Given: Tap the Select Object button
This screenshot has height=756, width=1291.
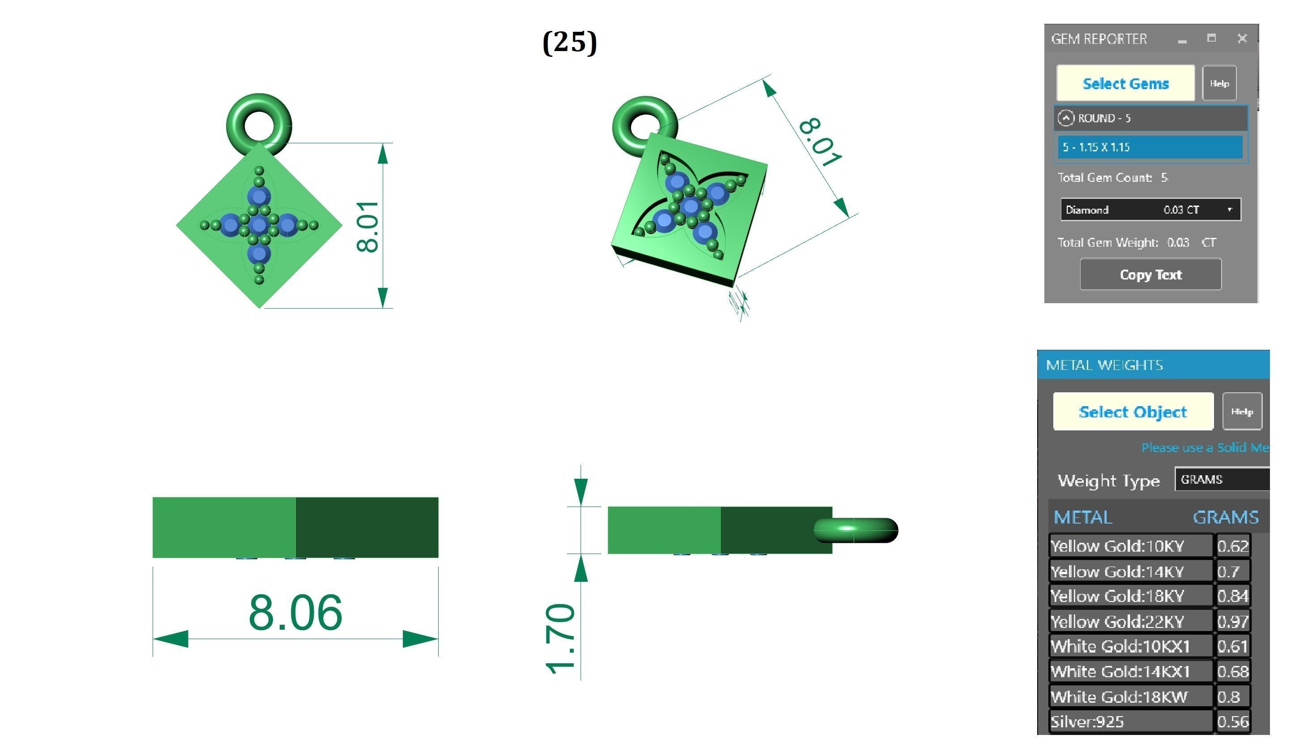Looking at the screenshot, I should (1133, 412).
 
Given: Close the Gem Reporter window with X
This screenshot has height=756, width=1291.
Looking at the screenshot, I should (1242, 39).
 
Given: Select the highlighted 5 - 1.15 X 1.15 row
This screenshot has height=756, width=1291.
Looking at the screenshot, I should (1150, 147).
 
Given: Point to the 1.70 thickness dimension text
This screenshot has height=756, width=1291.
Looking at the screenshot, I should (560, 638).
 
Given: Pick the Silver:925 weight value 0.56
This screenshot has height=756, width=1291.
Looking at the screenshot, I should (1233, 722).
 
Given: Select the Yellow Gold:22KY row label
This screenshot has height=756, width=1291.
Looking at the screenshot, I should (1117, 622).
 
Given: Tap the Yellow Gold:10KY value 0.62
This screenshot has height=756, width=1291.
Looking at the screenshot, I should (1233, 546).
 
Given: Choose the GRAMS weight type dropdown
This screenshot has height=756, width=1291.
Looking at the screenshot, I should (1222, 479).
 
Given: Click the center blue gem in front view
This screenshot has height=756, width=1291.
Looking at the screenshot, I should (259, 224).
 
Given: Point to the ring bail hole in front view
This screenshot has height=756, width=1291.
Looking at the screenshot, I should (259, 125).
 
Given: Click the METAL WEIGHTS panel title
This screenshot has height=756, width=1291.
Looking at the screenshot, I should (1104, 365).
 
